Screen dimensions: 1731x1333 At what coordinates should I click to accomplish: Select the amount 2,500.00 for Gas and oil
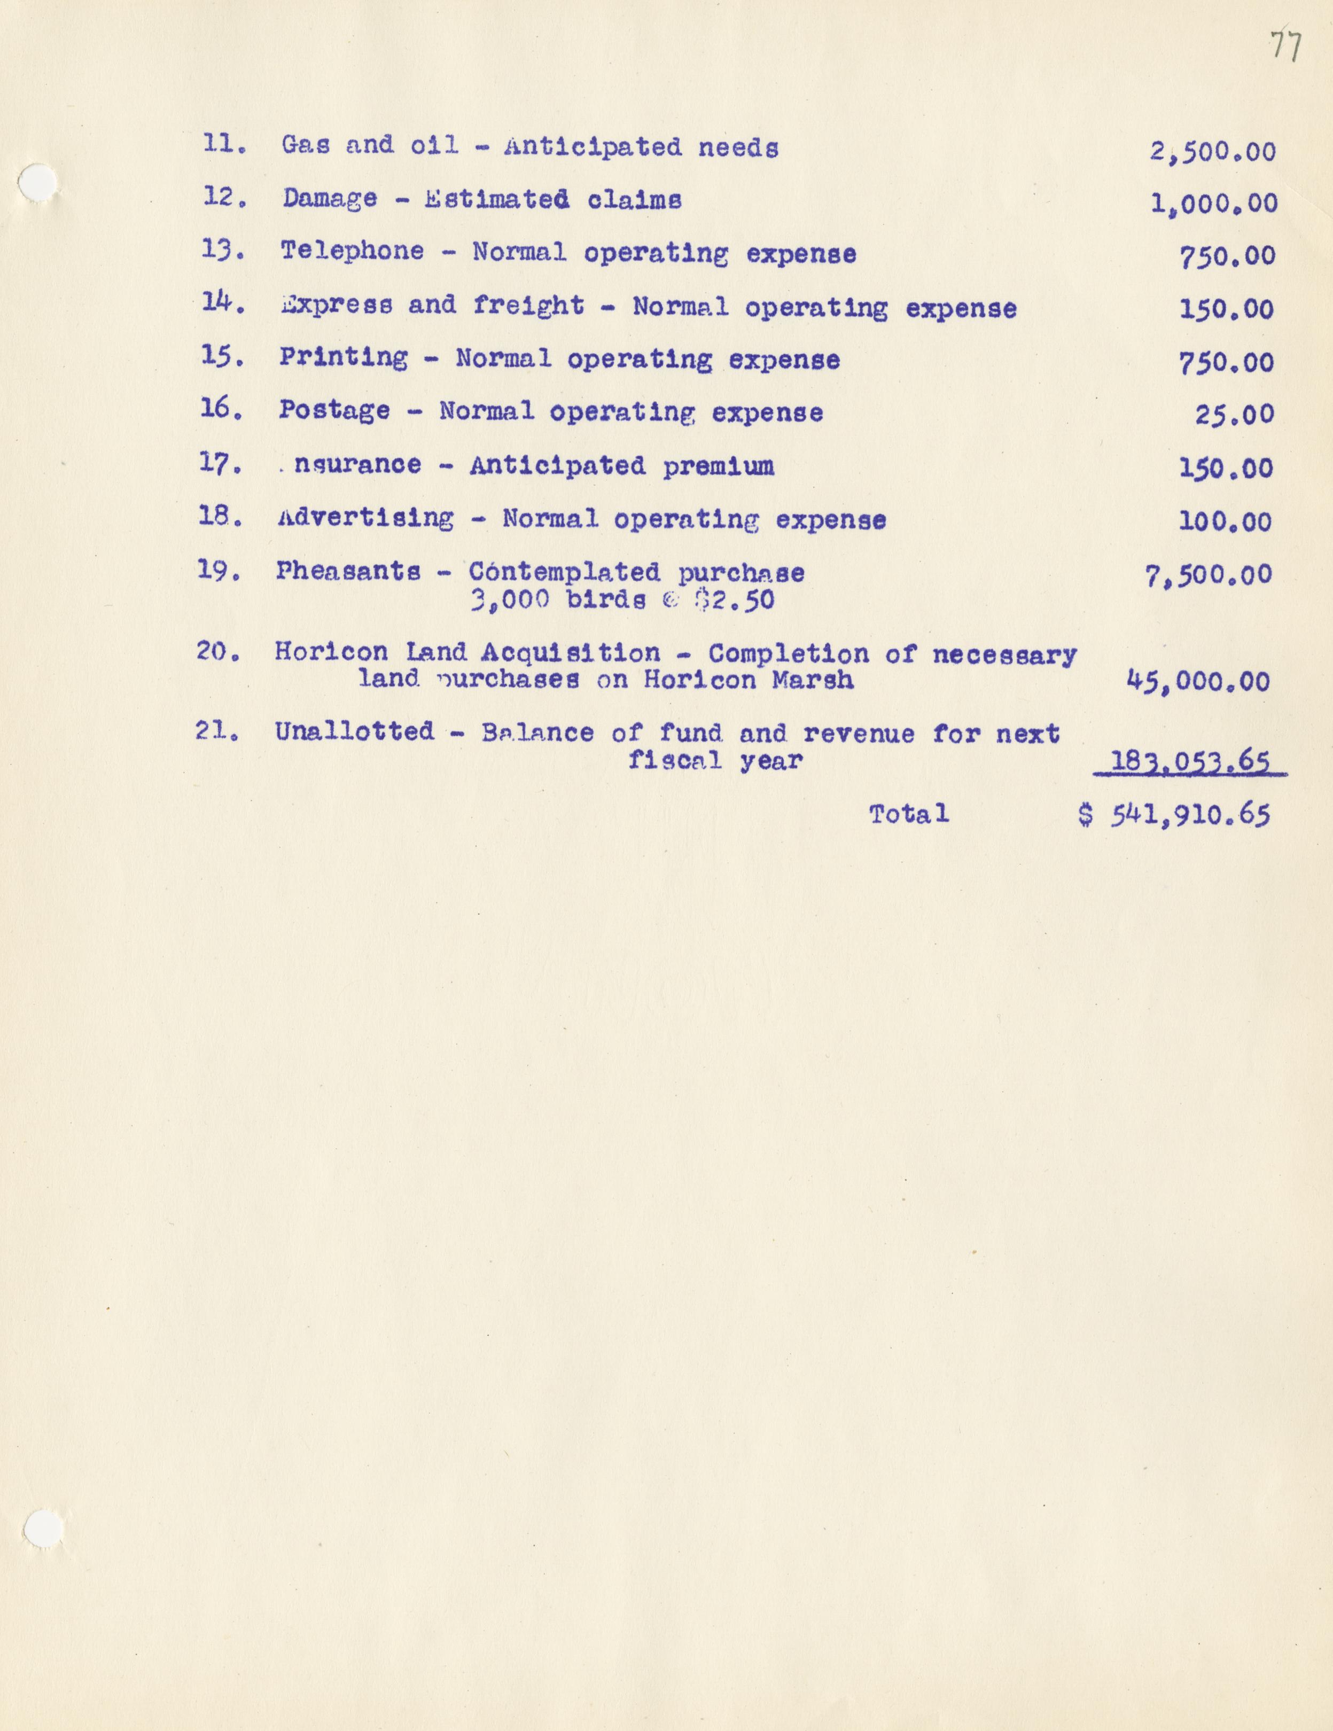(x=1213, y=151)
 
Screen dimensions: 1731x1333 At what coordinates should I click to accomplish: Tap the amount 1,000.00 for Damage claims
(x=1213, y=204)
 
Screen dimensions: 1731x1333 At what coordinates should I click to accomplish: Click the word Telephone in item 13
(x=352, y=251)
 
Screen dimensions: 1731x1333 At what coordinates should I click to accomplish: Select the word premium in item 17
(x=718, y=466)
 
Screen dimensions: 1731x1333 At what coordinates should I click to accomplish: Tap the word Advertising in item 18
(x=365, y=518)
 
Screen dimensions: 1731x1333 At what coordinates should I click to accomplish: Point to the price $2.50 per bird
(x=734, y=599)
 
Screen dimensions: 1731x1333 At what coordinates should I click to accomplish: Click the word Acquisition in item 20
(x=570, y=652)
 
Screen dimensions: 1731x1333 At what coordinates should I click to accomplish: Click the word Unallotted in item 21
(x=354, y=731)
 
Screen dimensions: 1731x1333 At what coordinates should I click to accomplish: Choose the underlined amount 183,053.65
(x=1190, y=762)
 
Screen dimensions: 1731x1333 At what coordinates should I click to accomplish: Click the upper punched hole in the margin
(x=36, y=184)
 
